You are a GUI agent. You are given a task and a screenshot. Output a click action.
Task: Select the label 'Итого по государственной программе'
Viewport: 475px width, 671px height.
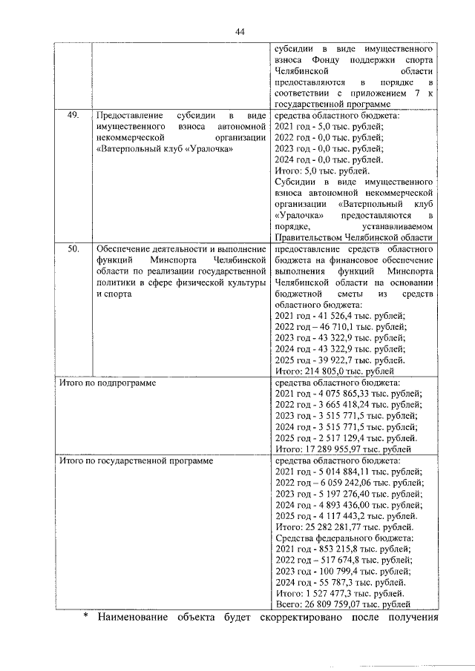(136, 460)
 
